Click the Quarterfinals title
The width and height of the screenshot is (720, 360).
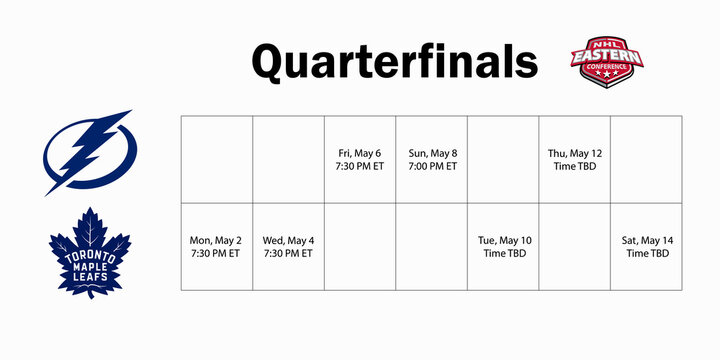click(394, 61)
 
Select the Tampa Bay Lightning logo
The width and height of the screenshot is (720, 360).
click(88, 152)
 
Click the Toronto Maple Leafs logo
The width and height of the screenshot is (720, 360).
click(90, 252)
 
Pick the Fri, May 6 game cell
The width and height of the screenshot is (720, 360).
click(360, 159)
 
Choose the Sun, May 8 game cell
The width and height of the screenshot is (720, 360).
click(432, 159)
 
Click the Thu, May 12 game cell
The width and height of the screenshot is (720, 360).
click(575, 159)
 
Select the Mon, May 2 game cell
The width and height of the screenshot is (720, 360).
click(216, 247)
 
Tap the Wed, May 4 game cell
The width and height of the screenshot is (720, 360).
click(288, 247)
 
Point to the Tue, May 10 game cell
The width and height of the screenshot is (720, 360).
click(503, 247)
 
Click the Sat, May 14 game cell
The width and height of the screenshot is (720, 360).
click(647, 247)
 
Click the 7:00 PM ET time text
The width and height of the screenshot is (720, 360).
click(432, 166)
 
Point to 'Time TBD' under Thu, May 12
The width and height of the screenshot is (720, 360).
click(575, 166)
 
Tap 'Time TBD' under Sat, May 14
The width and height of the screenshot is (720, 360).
click(647, 254)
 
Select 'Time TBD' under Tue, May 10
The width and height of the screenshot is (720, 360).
click(503, 254)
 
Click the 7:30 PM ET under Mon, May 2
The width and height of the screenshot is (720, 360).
click(216, 254)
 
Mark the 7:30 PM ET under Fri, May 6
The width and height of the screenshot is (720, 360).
click(360, 166)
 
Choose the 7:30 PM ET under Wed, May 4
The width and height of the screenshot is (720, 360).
click(288, 254)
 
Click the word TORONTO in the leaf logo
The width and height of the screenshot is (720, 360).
click(90, 256)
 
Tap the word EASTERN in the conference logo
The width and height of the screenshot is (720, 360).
click(607, 57)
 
